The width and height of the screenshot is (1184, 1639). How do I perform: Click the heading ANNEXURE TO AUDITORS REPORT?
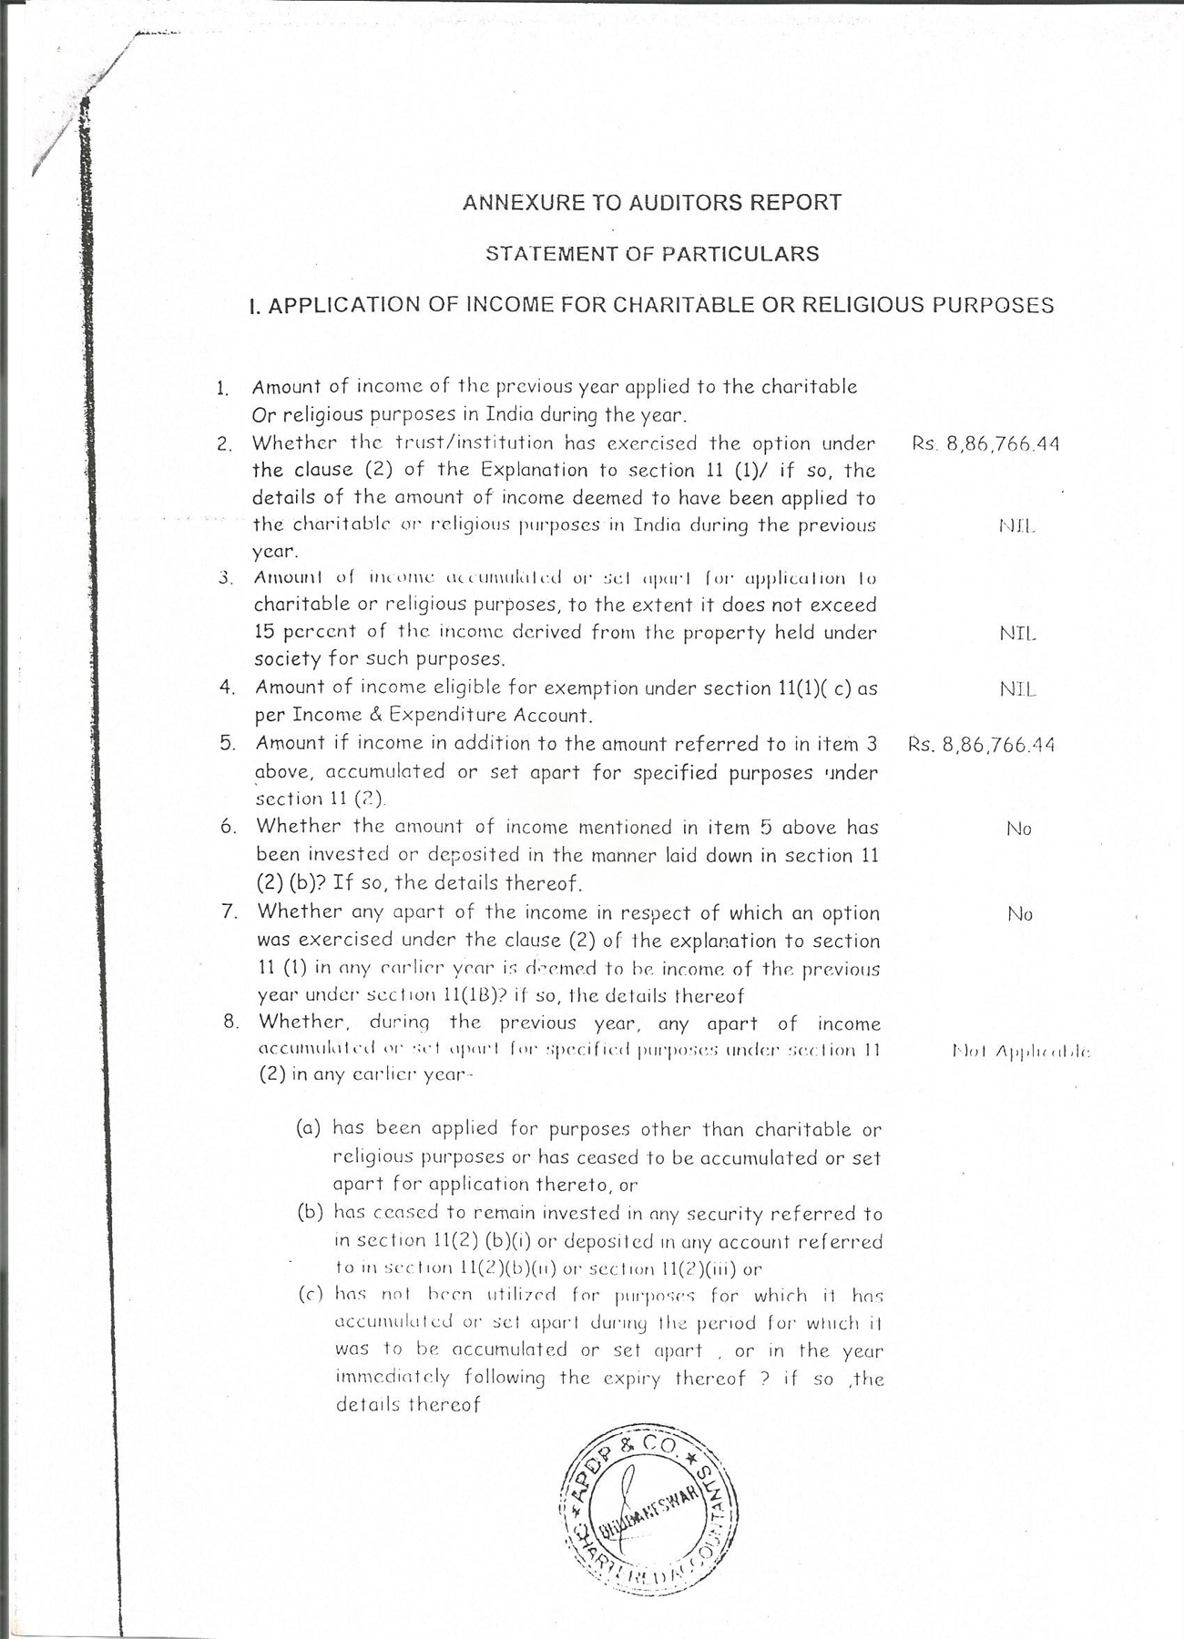click(652, 202)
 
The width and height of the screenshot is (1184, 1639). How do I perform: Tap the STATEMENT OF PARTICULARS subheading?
click(652, 254)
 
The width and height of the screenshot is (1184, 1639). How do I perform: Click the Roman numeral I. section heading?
click(652, 305)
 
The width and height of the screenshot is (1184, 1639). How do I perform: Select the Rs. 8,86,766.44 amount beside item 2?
click(985, 444)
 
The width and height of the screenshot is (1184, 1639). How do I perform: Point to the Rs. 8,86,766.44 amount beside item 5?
click(981, 745)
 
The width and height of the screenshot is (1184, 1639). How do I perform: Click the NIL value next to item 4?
click(1018, 689)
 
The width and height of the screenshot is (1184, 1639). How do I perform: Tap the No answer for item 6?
click(1019, 829)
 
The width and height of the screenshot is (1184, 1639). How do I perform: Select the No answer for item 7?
click(1020, 913)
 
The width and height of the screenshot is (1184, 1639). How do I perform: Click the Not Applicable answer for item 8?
click(1020, 1052)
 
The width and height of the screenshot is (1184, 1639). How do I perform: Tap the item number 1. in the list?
click(222, 388)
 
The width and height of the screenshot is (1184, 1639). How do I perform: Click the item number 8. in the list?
click(231, 1021)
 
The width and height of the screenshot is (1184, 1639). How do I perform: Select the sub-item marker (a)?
click(310, 1128)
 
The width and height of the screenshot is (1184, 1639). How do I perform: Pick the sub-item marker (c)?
click(310, 1295)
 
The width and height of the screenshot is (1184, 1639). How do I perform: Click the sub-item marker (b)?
click(310, 1212)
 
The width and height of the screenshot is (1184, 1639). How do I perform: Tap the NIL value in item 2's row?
click(1016, 525)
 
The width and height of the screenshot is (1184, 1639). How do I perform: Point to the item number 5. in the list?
click(228, 743)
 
